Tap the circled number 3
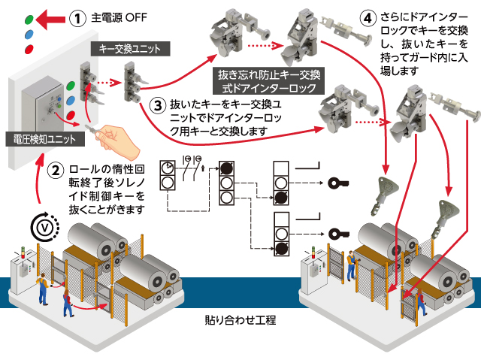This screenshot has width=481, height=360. [157, 106]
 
